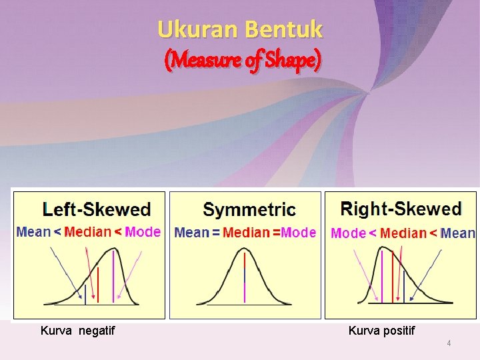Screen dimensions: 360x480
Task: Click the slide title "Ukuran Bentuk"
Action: point(240,29)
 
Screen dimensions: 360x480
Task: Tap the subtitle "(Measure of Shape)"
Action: point(243,61)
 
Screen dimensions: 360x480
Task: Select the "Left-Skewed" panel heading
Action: point(97,209)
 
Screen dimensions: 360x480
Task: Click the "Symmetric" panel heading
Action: point(249,210)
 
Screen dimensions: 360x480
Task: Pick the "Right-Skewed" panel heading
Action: point(401,209)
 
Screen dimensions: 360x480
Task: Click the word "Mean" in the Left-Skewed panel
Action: point(33,232)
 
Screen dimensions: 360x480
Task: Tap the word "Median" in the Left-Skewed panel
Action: point(88,232)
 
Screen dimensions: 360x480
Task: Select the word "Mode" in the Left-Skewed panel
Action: point(143,232)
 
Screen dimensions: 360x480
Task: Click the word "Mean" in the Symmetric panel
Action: point(191,233)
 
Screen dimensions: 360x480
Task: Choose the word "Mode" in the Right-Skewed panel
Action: point(348,233)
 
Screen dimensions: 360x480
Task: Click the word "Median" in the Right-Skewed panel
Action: point(403,233)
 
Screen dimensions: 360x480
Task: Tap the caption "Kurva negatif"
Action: point(77,330)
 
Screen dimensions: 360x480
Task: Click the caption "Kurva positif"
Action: point(381,330)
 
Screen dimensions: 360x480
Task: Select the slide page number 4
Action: point(449,343)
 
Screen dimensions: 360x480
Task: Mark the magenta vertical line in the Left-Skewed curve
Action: point(113,277)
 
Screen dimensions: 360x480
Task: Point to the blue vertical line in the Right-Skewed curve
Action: point(403,287)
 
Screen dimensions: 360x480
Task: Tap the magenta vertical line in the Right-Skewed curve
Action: point(382,277)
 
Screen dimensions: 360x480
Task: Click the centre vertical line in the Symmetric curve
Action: point(245,277)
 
